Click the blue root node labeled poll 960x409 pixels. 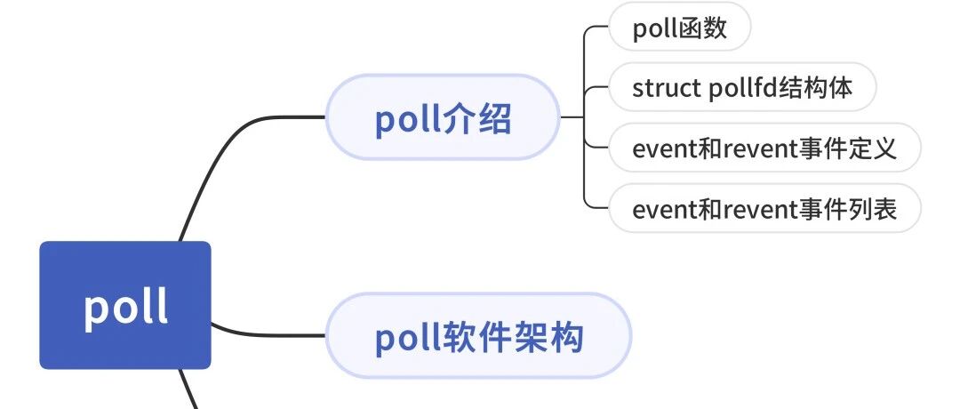point(125,305)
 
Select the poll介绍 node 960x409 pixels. point(443,117)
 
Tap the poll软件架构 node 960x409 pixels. point(478,335)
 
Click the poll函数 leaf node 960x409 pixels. point(680,27)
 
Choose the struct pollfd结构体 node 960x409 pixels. point(742,87)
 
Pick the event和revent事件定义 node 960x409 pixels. point(764,148)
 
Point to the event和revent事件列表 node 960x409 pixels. point(764,208)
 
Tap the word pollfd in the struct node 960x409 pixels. point(742,87)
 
